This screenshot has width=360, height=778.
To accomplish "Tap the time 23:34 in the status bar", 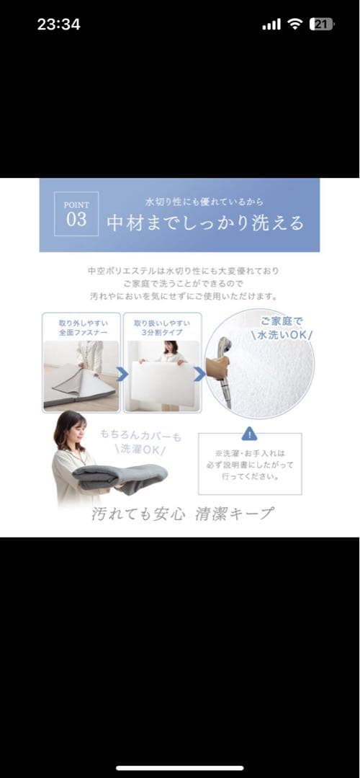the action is point(58,24).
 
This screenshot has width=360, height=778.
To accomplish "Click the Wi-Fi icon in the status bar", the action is point(295,24).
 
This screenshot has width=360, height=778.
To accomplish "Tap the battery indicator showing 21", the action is point(321,24).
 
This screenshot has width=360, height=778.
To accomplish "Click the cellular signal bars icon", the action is point(271,24).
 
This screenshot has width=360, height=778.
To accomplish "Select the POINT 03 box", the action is point(76,214).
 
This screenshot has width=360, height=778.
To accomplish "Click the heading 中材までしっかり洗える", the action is point(205,223).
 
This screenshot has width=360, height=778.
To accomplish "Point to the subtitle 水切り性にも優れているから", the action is point(204,202).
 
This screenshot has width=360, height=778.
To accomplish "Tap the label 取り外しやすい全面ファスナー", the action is point(81,328).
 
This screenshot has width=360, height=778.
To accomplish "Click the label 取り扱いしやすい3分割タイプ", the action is point(163,328).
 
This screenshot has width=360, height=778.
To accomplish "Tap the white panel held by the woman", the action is point(162,382).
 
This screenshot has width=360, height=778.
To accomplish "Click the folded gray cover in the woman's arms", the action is point(120,475).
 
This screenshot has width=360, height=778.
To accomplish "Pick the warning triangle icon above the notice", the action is point(249,434).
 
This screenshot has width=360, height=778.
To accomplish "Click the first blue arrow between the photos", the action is point(122,374).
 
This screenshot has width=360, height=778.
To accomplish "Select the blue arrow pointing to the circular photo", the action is point(199,374).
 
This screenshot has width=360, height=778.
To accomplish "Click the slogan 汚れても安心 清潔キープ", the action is point(182,513).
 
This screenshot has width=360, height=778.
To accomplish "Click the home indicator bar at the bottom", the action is point(180,768).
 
